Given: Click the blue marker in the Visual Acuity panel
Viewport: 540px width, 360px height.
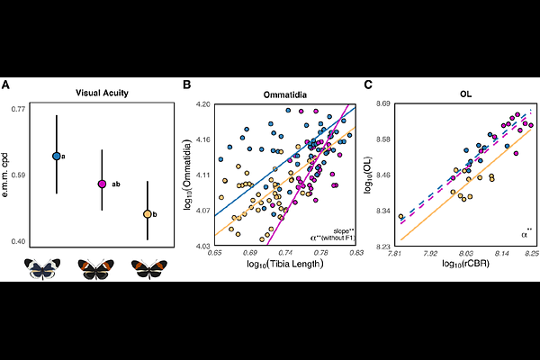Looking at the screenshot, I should tap(57, 156).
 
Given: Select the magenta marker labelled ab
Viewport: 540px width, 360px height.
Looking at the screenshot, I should tap(102, 184).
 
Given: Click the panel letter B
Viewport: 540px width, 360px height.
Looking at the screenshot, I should tap(187, 85).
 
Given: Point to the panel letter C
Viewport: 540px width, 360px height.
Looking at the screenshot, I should tap(368, 85).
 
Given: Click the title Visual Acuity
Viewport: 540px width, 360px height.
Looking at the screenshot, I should tap(97, 92).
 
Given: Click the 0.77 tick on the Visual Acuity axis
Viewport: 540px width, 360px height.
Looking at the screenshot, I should tap(20, 109).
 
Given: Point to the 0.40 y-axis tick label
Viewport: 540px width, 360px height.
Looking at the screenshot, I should tap(20, 242).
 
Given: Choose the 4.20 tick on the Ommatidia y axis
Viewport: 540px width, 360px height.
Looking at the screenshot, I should tap(204, 105).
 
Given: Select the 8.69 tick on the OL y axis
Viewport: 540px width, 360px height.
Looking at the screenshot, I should tap(386, 105).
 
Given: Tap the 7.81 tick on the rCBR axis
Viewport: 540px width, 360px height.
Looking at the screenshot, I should tap(395, 255).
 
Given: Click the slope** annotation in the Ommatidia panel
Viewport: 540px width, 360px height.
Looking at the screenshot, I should tap(344, 230).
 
